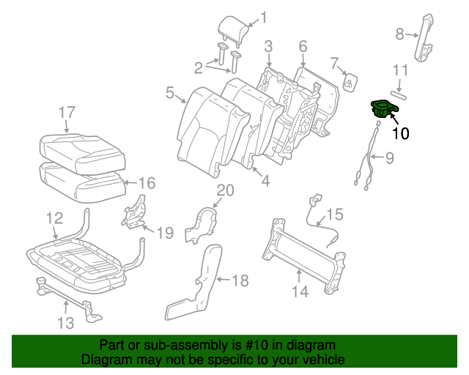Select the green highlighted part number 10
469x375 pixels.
383,110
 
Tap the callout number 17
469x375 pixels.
67,112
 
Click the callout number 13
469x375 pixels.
65,323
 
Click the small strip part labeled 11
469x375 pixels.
400,94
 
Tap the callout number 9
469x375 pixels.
389,157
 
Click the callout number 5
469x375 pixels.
169,93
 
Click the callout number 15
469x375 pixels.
334,215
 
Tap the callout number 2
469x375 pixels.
198,68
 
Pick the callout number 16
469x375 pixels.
147,182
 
